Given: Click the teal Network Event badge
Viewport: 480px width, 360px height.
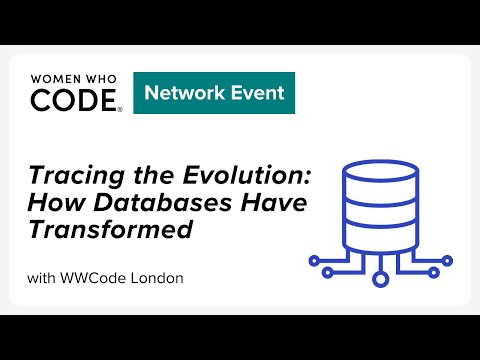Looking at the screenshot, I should pyautogui.click(x=213, y=93).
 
